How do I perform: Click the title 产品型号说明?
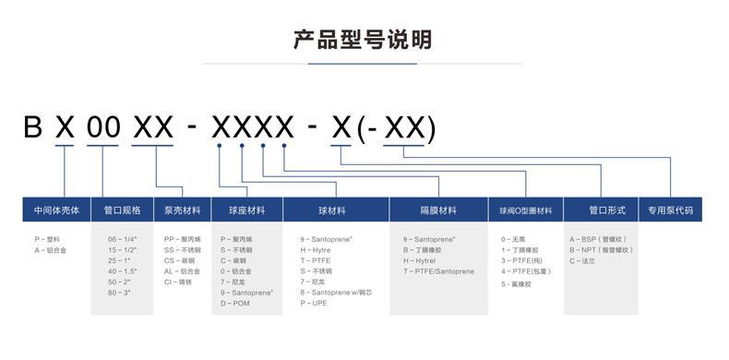point(363,40)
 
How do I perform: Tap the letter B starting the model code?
point(33,127)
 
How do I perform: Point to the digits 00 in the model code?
point(103,127)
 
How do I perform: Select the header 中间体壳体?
point(57,210)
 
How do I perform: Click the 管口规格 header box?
point(122,210)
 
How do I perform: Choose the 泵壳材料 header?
point(182,210)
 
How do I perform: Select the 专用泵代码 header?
point(670,210)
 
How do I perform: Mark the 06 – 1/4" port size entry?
point(124,239)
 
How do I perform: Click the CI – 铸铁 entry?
point(179,282)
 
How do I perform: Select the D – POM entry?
point(234,303)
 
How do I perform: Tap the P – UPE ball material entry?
point(314,303)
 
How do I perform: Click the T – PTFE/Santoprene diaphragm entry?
point(438,271)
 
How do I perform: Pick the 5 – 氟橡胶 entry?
point(517,284)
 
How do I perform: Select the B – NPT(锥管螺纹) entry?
point(601,249)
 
